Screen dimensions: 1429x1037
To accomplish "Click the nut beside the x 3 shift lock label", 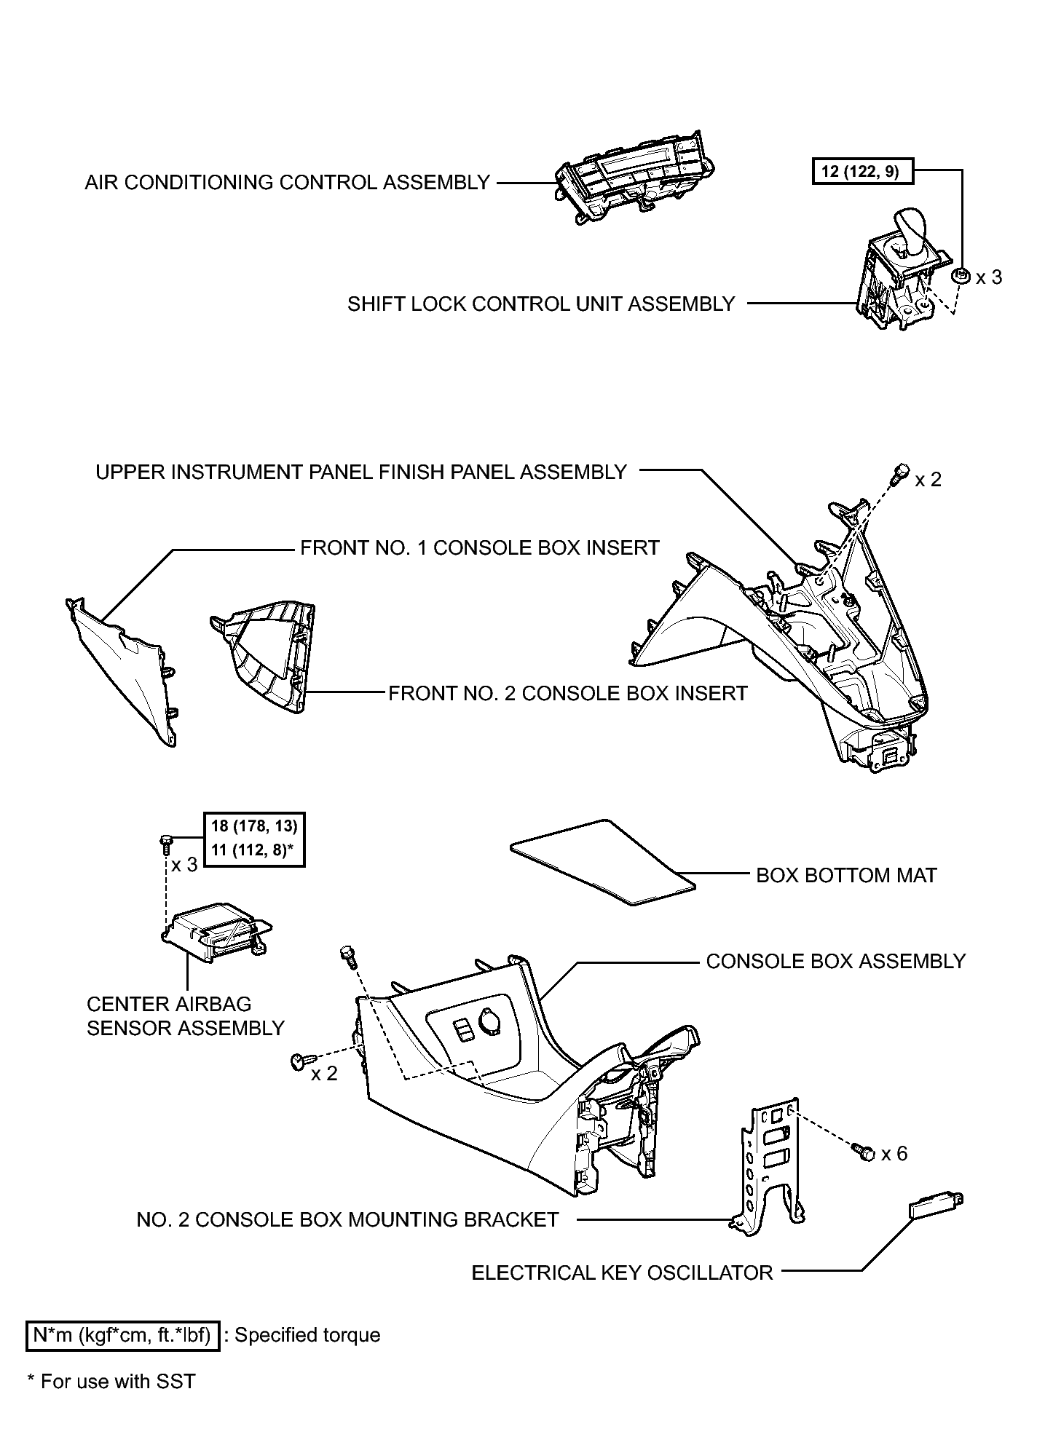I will [961, 276].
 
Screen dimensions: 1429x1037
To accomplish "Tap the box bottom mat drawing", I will [602, 860].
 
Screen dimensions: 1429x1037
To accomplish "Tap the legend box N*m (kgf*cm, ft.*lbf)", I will [122, 1336].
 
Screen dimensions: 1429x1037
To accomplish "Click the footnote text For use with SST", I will [112, 1381].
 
